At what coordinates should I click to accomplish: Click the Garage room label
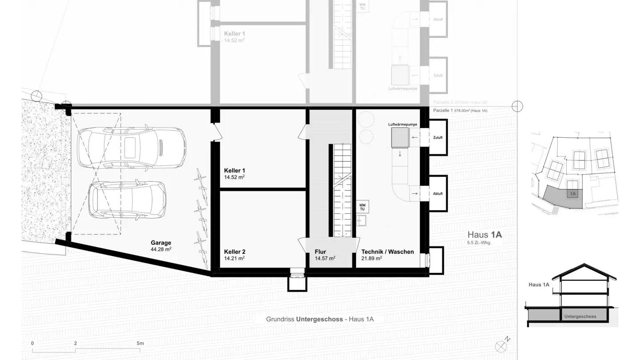[x=160, y=243]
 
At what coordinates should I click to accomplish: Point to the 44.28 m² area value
[x=160, y=249]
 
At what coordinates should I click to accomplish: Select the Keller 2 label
[x=235, y=252]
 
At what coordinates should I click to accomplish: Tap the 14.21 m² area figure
[x=234, y=258]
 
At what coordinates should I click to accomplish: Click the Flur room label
[x=320, y=252]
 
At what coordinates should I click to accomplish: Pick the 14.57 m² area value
[x=325, y=258]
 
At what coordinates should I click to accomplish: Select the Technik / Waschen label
[x=388, y=252]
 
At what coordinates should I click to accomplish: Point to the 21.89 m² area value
[x=372, y=258]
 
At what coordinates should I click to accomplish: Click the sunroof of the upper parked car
[x=130, y=147]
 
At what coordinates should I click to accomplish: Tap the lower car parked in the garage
[x=127, y=201]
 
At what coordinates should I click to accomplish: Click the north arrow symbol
[x=503, y=344]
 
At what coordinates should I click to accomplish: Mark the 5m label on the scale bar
[x=140, y=344]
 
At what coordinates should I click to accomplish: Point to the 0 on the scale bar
[x=32, y=344]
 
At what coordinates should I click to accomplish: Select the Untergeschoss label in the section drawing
[x=580, y=317]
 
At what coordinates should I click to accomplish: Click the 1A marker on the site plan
[x=573, y=194]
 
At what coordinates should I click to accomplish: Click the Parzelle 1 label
[x=443, y=110]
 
